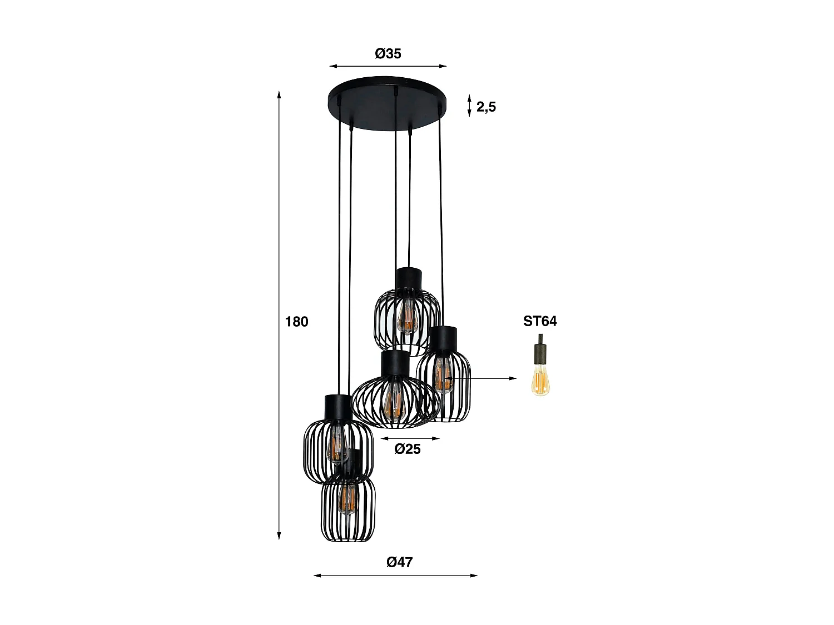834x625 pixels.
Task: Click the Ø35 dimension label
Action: coord(388,54)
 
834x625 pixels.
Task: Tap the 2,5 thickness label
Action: coord(486,107)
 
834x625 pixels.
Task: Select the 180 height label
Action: coord(296,321)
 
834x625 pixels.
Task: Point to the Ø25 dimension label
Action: coord(408,449)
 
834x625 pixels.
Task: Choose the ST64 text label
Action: coord(539,321)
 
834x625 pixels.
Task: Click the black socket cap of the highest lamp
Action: coord(409,278)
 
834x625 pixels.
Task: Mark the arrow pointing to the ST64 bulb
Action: coord(478,378)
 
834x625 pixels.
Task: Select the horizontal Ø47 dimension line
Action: coord(395,576)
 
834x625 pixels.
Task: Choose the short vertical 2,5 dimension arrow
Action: coord(470,106)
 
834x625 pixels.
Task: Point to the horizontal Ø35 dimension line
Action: coord(388,66)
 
